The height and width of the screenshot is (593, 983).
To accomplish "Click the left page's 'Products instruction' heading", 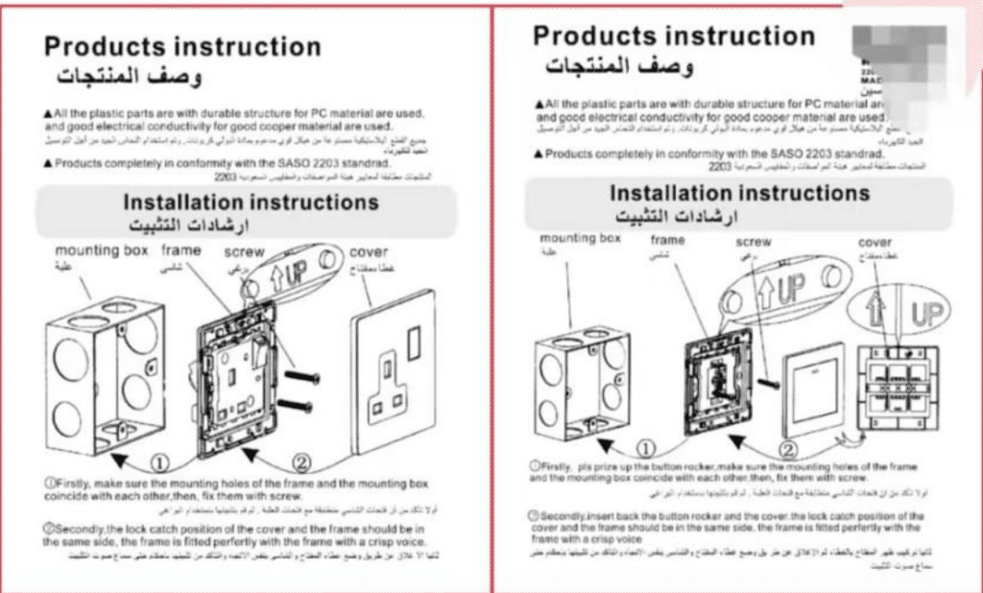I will click(x=182, y=46).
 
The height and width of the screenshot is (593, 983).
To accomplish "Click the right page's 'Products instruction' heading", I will click(x=673, y=36).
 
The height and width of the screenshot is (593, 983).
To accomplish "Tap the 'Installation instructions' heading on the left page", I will click(x=251, y=202).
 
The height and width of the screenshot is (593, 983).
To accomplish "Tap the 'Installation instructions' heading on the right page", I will click(x=739, y=193).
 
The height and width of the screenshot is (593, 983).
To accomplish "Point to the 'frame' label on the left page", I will click(x=181, y=250).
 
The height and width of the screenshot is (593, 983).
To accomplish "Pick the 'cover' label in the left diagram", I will click(x=369, y=252).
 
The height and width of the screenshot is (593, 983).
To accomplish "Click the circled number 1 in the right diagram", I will click(x=646, y=448).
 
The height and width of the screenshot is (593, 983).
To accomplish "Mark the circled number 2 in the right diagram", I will click(x=787, y=448).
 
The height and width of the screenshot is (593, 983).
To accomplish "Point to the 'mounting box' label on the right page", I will click(x=581, y=237).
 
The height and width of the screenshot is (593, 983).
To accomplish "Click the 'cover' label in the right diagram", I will click(x=875, y=243).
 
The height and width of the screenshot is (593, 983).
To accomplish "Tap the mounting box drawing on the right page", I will click(x=583, y=378).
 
